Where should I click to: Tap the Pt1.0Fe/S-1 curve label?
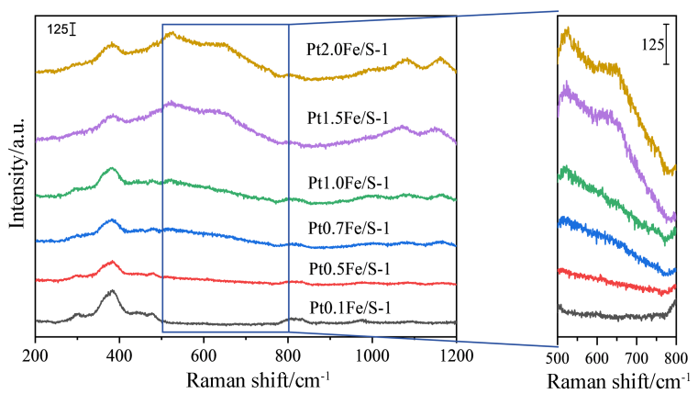click(349, 183)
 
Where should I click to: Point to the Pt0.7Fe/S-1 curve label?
click(349, 227)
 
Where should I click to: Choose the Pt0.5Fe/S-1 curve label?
click(349, 268)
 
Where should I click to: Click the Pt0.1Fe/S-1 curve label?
click(349, 307)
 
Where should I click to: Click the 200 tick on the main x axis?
click(35, 353)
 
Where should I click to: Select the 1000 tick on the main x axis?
click(372, 353)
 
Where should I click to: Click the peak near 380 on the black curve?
click(112, 292)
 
